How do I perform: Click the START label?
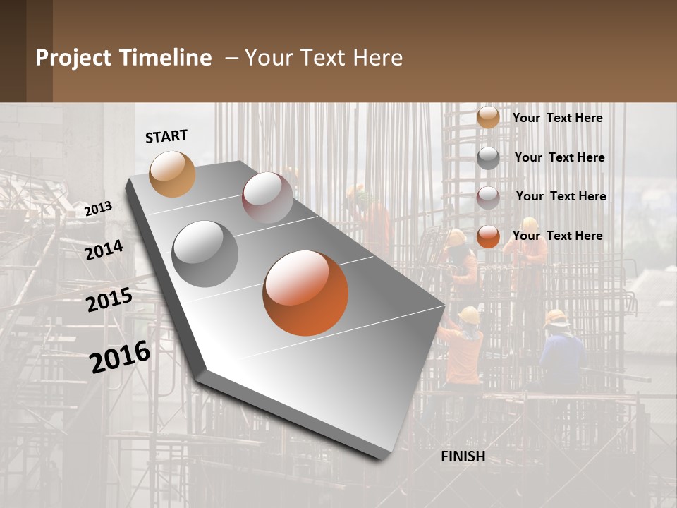(166, 136)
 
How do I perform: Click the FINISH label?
(463, 456)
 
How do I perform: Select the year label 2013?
(98, 208)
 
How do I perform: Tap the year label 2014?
(104, 250)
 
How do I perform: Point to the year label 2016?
(120, 356)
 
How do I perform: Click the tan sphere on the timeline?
(172, 174)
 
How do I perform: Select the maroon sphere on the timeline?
(267, 198)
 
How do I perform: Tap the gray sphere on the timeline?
(205, 254)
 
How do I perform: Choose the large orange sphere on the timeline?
(305, 293)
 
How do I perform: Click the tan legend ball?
(487, 118)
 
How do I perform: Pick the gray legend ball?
(487, 157)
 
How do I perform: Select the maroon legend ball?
(487, 197)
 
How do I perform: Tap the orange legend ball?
(487, 236)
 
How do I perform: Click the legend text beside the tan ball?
(557, 118)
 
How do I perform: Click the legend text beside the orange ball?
(557, 236)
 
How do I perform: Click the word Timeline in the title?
(165, 58)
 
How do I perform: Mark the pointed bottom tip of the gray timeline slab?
(382, 457)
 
